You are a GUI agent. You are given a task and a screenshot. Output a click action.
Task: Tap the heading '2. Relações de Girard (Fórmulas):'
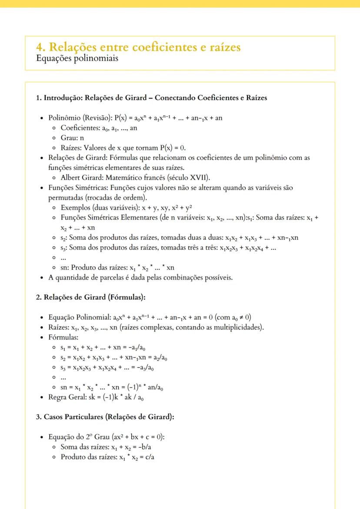pyautogui.click(x=90, y=298)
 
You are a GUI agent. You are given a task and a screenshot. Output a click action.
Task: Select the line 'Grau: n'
pyautogui.click(x=72, y=138)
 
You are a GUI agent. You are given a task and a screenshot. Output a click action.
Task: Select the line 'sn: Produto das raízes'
pyautogui.click(x=117, y=268)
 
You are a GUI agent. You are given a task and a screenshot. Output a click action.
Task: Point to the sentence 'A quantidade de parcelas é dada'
pyautogui.click(x=140, y=278)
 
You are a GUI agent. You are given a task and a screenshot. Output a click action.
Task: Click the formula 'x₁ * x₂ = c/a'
pyautogui.click(x=137, y=457)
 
